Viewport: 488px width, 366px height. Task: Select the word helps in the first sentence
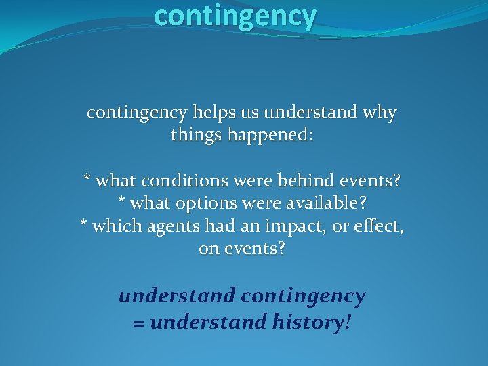tap(213, 113)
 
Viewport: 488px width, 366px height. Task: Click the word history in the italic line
tap(310, 321)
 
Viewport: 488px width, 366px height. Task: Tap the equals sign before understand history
tap(139, 323)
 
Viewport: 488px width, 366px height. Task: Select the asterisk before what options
tap(121, 201)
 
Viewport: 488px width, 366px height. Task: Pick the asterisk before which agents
tap(84, 224)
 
